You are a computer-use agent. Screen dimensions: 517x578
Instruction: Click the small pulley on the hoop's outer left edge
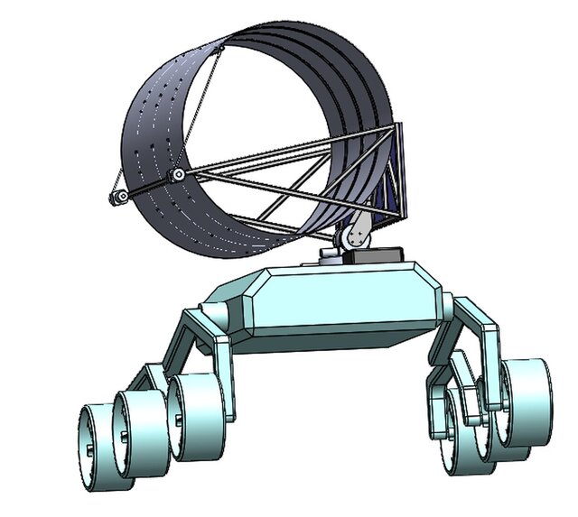tap(117, 198)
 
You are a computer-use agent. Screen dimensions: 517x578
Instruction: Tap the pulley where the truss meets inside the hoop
tap(180, 173)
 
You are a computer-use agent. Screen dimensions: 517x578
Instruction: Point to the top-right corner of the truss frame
tap(393, 129)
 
